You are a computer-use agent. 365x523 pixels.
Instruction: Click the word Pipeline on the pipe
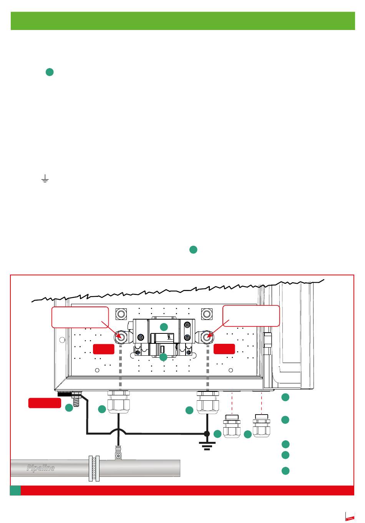[x=40, y=468]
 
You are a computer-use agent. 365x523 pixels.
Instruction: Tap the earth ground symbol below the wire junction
[x=207, y=445]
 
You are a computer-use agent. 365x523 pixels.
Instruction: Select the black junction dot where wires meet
[x=207, y=434]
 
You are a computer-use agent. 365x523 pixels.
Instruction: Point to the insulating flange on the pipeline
[x=94, y=468]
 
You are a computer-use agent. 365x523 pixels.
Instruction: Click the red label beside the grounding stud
[x=45, y=403]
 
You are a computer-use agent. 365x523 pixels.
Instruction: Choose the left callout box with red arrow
[x=80, y=316]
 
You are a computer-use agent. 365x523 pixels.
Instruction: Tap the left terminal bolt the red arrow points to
[x=120, y=337]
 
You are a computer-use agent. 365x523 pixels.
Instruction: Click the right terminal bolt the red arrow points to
[x=207, y=337]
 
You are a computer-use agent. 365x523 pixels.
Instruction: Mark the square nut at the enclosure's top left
[x=121, y=314]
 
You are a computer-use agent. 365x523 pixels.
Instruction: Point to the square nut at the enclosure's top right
[x=207, y=314]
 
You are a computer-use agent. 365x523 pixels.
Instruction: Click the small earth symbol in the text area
[x=45, y=178]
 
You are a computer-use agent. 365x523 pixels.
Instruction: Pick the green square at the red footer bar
[x=15, y=490]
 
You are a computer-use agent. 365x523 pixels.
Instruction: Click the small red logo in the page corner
[x=350, y=518]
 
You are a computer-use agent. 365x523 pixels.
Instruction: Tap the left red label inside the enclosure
[x=104, y=349]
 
